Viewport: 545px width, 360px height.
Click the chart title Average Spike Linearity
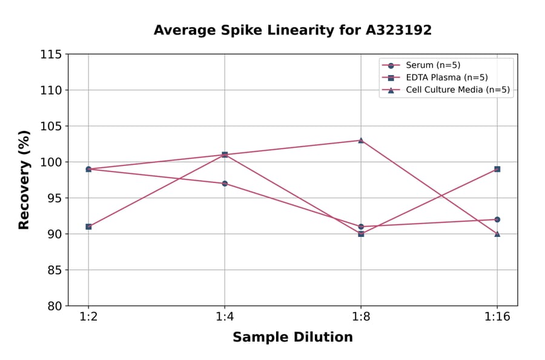(x=292, y=30)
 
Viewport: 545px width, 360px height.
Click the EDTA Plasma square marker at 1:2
(x=88, y=227)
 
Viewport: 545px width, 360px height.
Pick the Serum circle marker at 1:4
(x=225, y=184)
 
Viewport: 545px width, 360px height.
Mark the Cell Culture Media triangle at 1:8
(x=361, y=140)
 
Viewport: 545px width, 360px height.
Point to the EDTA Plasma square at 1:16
(x=497, y=169)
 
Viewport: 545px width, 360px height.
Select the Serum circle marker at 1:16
(x=497, y=219)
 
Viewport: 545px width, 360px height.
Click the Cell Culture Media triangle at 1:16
(x=497, y=234)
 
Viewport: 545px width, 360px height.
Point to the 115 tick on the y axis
(x=51, y=55)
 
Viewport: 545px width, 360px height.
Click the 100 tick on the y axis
(x=51, y=162)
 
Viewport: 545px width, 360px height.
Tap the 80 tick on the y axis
(x=54, y=306)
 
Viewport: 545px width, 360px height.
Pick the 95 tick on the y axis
(x=54, y=198)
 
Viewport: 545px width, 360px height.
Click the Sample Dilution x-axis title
(x=292, y=338)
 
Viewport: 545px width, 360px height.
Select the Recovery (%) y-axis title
(x=24, y=180)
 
